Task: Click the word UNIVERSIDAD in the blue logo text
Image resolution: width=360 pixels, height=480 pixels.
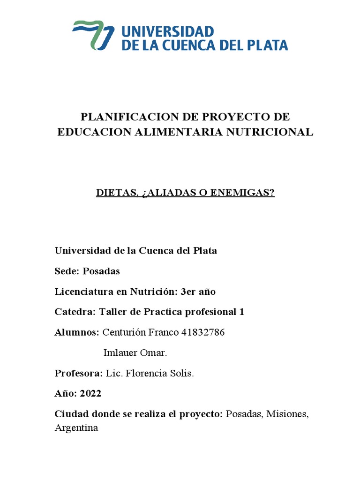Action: (167, 31)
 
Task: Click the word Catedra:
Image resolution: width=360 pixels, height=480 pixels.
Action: (75, 312)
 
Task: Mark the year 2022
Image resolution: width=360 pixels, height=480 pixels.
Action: (90, 394)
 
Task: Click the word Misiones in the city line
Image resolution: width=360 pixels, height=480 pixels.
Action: (286, 414)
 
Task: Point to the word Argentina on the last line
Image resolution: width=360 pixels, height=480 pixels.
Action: (76, 428)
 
